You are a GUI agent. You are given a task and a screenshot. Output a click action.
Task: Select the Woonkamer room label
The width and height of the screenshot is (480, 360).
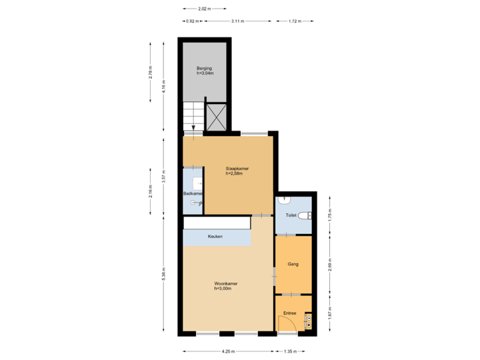[226, 285]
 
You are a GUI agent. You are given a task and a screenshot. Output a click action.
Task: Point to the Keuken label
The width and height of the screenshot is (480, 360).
[215, 237]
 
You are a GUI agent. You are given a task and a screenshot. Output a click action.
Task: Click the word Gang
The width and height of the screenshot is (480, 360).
[293, 264]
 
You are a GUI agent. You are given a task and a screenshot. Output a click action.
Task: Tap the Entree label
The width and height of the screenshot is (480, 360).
[290, 313]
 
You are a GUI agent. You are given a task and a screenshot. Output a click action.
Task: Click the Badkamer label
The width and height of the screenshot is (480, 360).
[193, 193]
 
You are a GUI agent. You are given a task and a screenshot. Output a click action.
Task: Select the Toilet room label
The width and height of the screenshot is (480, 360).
[291, 216]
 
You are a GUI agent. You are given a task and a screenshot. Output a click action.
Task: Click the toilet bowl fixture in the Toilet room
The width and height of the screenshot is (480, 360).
[304, 215]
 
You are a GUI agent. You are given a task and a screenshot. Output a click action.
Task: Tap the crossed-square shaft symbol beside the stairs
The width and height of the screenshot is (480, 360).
[216, 116]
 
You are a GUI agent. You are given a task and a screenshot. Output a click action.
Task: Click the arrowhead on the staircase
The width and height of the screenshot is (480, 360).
[193, 129]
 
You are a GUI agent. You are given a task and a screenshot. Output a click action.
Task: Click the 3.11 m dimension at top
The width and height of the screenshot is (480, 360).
[237, 21]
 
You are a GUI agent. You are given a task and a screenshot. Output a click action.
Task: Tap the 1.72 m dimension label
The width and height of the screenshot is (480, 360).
[294, 21]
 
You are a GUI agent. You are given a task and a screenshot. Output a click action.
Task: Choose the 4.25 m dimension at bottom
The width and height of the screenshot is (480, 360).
[227, 351]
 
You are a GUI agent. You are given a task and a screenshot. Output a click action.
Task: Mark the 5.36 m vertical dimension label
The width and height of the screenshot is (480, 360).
[163, 273]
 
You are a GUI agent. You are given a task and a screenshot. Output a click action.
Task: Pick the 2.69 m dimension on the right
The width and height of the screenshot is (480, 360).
[330, 264]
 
